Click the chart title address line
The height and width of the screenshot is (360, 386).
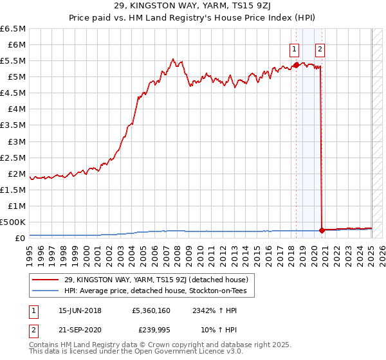pyautogui.click(x=193, y=6)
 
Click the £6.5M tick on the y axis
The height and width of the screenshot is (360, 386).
pyautogui.click(x=13, y=29)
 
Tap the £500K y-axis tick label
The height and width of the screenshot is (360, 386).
pyautogui.click(x=13, y=222)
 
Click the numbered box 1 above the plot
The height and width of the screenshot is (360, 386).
pyautogui.click(x=295, y=48)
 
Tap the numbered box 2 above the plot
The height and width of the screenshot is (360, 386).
pyautogui.click(x=320, y=48)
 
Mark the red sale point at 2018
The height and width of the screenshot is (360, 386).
pyautogui.click(x=295, y=65)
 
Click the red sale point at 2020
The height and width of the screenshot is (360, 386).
pyautogui.click(x=321, y=230)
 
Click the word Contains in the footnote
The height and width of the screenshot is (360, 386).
pyautogui.click(x=46, y=346)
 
